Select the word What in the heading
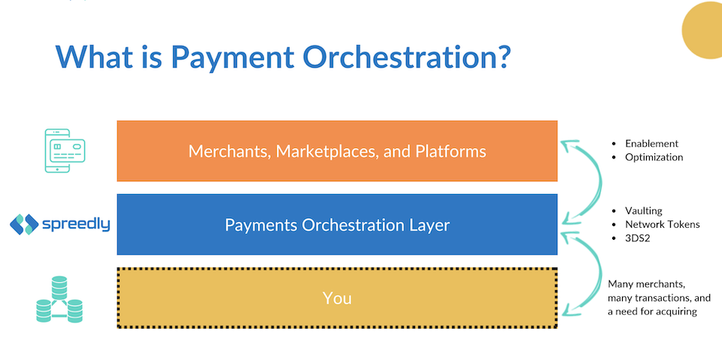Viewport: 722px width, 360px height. pos(94,56)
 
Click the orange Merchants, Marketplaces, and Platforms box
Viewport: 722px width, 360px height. pos(337,151)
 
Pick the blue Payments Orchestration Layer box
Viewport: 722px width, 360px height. pos(337,224)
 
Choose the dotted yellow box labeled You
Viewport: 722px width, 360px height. pos(337,298)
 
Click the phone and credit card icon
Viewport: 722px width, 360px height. pos(65,150)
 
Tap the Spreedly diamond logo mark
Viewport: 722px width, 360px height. pos(24,224)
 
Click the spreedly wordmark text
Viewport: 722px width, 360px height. pos(76,224)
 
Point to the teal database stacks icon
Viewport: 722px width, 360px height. pos(59,298)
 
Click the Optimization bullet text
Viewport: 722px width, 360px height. pos(654,157)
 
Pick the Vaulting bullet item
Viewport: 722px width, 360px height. pos(644,211)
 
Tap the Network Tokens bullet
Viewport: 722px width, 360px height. pos(663,224)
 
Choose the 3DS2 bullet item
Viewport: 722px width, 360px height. pos(637,238)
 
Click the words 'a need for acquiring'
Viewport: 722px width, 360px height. pos(652,311)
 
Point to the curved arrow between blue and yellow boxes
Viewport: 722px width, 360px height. pos(600,275)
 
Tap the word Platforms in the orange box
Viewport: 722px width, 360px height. pos(450,151)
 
